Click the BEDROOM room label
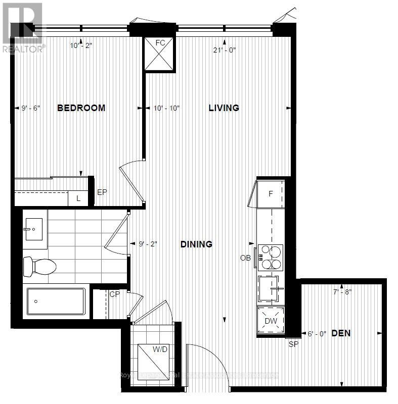coord(81,108)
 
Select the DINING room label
coord(196,244)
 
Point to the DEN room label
coord(341,333)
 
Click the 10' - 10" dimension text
coord(166,108)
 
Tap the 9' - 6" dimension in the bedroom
coord(31,108)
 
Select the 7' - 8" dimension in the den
coord(342,291)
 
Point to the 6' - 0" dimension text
coord(317,334)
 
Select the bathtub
coord(56,302)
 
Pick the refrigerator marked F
coord(271,193)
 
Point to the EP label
coord(102,192)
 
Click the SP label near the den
coord(293,344)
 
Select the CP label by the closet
coord(114,294)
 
